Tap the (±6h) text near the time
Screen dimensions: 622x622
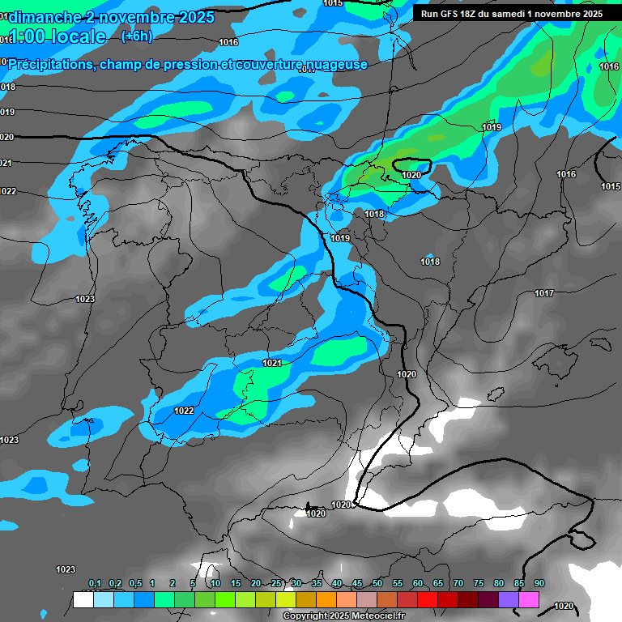pyautogui.click(x=136, y=36)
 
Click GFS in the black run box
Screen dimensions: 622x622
pyautogui.click(x=450, y=14)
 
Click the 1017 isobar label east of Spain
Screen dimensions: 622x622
pyautogui.click(x=544, y=293)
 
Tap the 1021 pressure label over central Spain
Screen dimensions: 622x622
pyautogui.click(x=272, y=363)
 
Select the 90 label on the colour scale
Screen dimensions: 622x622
pyautogui.click(x=539, y=584)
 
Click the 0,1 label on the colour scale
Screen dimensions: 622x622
pyautogui.click(x=95, y=584)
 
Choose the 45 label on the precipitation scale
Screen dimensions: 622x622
pyautogui.click(x=357, y=584)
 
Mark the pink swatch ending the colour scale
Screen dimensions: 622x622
pyautogui.click(x=529, y=600)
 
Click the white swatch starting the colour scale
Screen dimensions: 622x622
pyautogui.click(x=83, y=600)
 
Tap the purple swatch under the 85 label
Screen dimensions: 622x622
pyautogui.click(x=509, y=600)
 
